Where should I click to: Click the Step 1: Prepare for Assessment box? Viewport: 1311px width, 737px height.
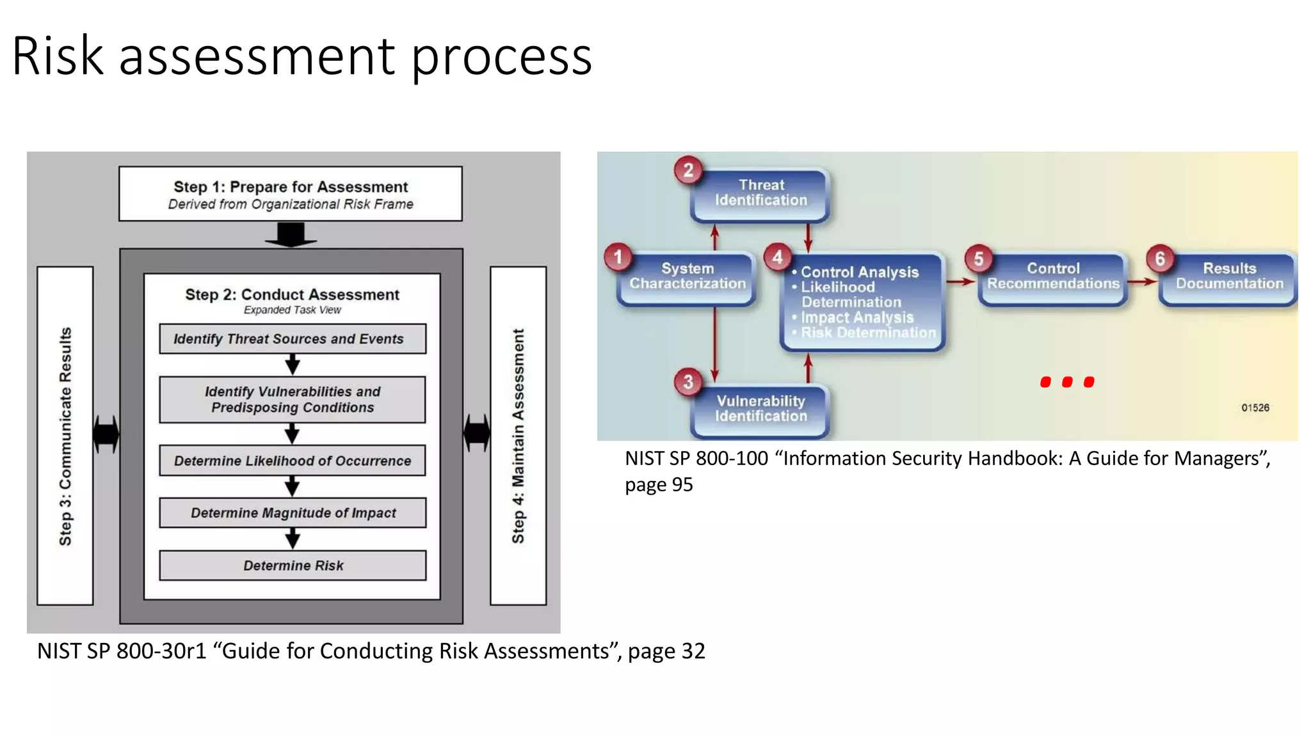[x=290, y=194]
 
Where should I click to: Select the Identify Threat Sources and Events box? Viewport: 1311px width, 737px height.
[x=292, y=338]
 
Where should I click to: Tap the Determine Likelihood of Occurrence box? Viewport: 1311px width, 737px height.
[x=292, y=461]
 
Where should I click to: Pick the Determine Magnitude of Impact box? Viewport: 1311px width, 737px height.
[x=292, y=512]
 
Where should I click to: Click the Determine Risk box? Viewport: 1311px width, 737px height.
[x=292, y=566]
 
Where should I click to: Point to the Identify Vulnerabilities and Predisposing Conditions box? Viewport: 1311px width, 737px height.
[x=292, y=399]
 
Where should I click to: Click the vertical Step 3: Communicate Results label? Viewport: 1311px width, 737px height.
[x=65, y=436]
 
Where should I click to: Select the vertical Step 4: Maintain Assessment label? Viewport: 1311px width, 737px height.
[x=518, y=436]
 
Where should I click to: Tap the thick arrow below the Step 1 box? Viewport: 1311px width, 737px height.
[x=291, y=235]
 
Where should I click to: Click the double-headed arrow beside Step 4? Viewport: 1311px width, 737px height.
[x=477, y=433]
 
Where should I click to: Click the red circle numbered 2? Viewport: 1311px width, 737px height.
[x=688, y=170]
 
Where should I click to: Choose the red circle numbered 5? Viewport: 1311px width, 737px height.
[x=979, y=258]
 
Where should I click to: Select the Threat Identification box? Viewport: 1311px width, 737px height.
[x=760, y=194]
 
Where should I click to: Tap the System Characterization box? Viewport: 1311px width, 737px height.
[x=687, y=277]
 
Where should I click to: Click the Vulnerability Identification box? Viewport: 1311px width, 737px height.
[x=760, y=409]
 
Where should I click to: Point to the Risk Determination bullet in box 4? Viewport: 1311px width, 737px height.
[x=867, y=333]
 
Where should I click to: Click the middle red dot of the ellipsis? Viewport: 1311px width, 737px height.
[x=1067, y=382]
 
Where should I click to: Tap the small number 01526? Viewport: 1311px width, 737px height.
[x=1255, y=408]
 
